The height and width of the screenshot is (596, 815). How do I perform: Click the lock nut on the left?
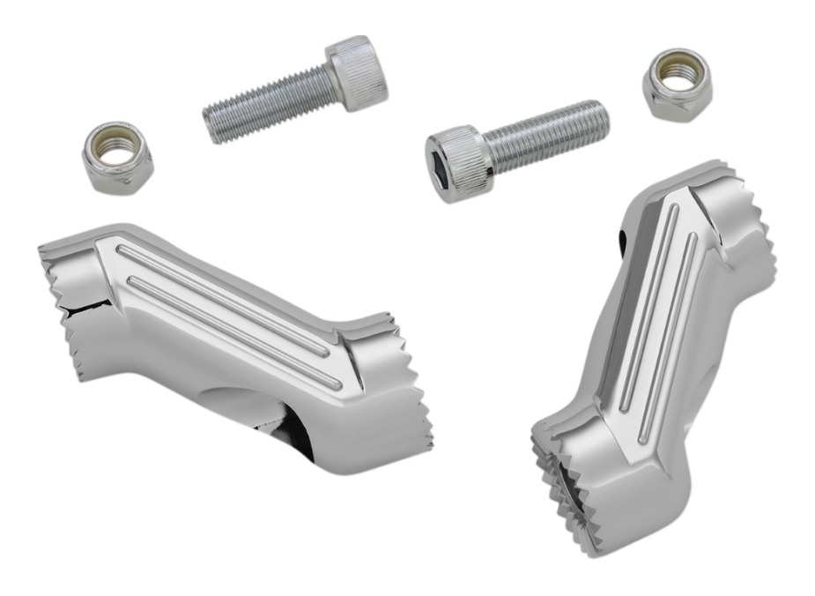point(116,158)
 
